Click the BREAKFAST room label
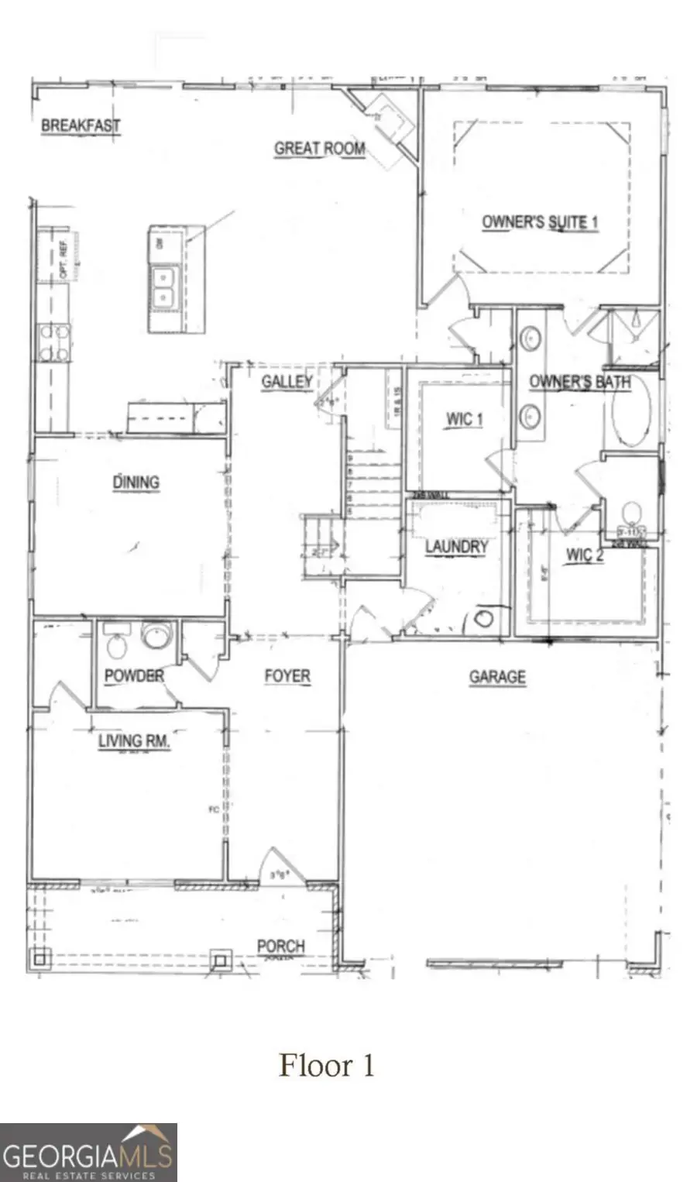[81, 125]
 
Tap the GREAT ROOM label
[319, 148]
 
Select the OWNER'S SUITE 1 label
[540, 222]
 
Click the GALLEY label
[287, 381]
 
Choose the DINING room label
[136, 482]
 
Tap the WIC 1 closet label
[464, 419]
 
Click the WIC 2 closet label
[585, 555]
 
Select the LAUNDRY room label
[456, 547]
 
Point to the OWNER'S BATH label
[579, 382]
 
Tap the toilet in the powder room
[116, 643]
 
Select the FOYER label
[287, 675]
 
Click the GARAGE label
[497, 677]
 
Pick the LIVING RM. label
[134, 740]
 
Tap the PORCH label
[280, 946]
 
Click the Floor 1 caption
[327, 1065]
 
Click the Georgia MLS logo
[88, 1153]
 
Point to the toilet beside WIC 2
[632, 514]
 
